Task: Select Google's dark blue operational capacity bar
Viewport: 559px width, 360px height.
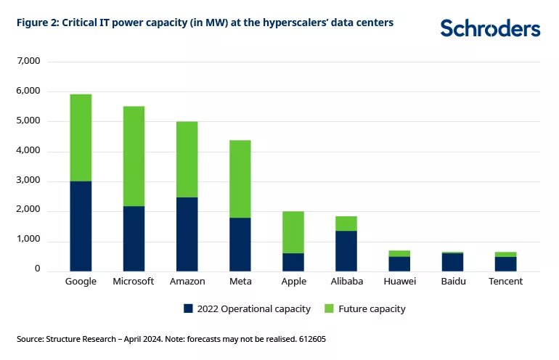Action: (x=81, y=226)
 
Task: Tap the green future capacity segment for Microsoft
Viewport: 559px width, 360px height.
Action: (x=134, y=156)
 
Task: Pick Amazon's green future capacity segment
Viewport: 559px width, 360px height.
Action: (x=187, y=159)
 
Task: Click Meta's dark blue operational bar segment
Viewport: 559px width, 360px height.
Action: (x=240, y=244)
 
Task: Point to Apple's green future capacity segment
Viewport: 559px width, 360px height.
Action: (x=293, y=232)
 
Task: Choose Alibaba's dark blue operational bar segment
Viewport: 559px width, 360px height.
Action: (x=346, y=250)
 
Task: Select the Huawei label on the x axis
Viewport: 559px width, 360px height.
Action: (x=399, y=282)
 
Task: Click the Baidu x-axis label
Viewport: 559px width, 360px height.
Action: (x=453, y=282)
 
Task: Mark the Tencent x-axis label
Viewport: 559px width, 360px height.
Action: (x=506, y=282)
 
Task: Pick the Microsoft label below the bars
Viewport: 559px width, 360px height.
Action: (x=134, y=282)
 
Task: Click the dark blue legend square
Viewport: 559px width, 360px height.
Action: (x=188, y=309)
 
